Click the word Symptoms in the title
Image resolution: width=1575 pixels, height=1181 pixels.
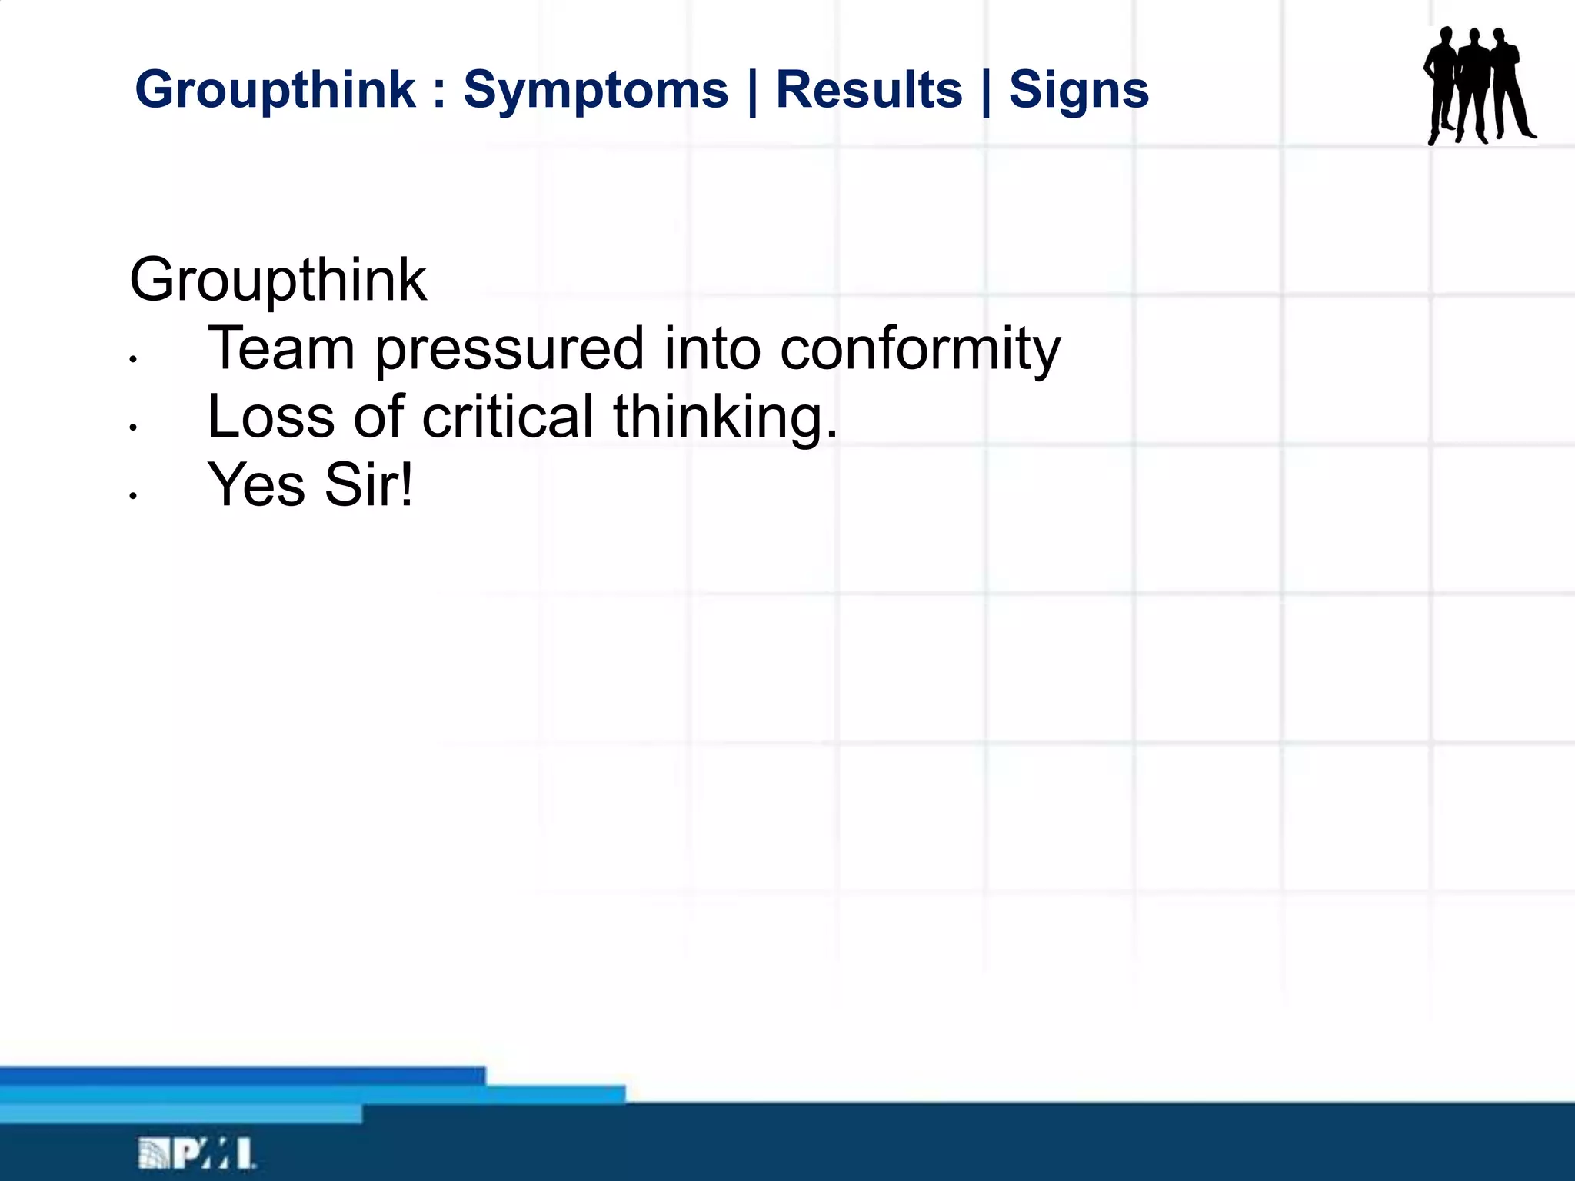(x=595, y=91)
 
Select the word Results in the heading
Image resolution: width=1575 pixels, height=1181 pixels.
(x=868, y=90)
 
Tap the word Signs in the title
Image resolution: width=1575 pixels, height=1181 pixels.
(x=1078, y=91)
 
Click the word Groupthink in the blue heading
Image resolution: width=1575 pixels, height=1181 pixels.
(x=275, y=89)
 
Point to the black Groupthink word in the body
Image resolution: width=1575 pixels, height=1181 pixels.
(x=278, y=280)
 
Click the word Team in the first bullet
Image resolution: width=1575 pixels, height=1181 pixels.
(x=281, y=348)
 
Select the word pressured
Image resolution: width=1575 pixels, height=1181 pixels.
(x=509, y=350)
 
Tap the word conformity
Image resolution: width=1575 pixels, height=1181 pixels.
(x=920, y=350)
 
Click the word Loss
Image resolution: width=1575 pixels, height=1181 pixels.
(x=271, y=417)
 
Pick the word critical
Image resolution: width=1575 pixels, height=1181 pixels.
(x=508, y=417)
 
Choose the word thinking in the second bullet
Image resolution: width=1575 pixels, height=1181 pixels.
(x=724, y=418)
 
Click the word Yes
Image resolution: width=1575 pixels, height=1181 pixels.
(x=257, y=485)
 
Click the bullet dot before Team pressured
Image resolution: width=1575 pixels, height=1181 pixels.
(x=133, y=359)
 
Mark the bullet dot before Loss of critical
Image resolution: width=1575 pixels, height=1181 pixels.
(x=133, y=427)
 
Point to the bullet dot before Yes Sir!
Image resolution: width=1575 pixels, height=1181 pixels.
(x=133, y=497)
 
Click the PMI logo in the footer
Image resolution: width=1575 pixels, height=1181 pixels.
(x=197, y=1154)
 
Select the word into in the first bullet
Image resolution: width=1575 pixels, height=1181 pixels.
(x=712, y=348)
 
